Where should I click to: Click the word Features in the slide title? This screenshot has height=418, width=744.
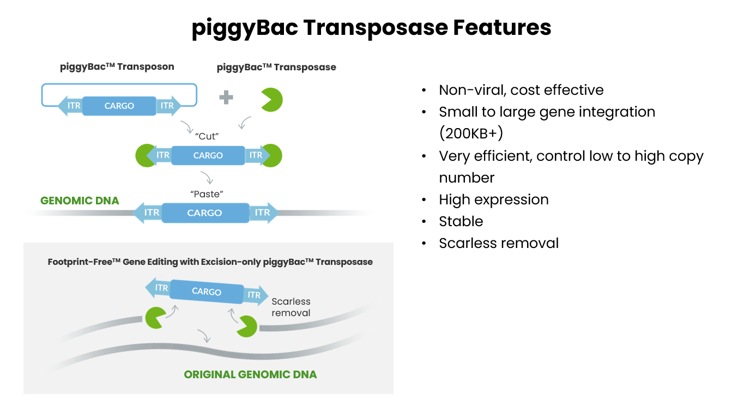(502, 27)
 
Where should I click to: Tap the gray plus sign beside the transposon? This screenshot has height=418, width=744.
(226, 97)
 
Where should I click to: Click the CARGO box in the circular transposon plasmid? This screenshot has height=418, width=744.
(119, 106)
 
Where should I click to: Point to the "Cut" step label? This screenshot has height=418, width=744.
(207, 136)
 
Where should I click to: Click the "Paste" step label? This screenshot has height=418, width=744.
(207, 194)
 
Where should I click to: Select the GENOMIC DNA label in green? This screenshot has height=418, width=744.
(80, 201)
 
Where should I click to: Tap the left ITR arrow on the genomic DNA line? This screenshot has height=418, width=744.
(148, 213)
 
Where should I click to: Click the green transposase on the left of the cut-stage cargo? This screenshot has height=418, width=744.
(145, 155)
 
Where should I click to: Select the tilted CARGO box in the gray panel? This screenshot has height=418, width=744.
(207, 292)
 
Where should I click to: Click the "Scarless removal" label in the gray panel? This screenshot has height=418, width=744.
(291, 307)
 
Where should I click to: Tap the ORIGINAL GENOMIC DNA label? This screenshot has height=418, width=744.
(250, 374)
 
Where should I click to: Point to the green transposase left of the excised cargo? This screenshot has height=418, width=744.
(155, 318)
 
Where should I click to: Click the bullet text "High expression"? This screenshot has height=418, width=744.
(494, 200)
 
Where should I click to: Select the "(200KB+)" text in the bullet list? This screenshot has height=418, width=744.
(471, 134)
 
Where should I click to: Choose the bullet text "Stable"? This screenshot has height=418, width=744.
(461, 221)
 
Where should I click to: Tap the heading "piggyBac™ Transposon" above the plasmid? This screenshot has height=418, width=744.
(117, 66)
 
